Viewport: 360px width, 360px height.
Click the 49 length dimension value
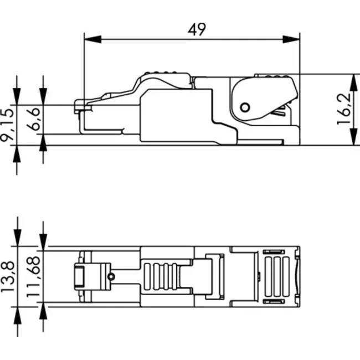(197, 30)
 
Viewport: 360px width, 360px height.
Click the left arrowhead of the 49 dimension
(92, 40)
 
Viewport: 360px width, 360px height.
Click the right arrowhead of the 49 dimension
(291, 40)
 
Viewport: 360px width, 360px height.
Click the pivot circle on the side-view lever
(244, 107)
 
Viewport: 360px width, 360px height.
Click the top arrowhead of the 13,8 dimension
(18, 239)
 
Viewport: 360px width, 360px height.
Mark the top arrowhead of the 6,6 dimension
(43, 97)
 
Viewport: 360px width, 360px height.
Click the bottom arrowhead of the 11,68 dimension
(43, 311)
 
